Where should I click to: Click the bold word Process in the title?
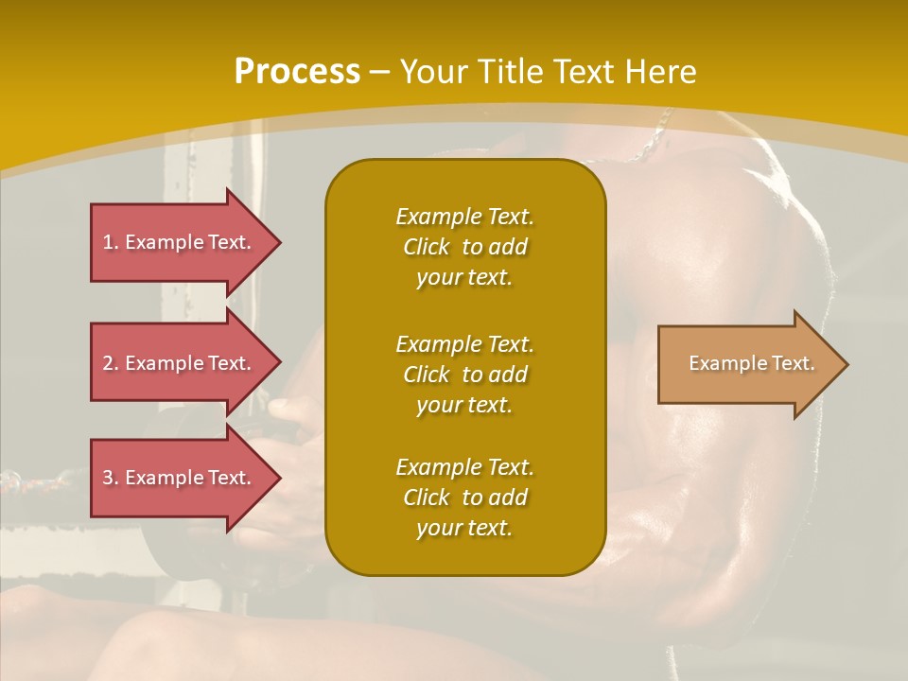(297, 71)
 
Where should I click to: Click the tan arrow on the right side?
(747, 364)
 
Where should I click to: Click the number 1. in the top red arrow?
(111, 242)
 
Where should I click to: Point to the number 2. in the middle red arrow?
(111, 363)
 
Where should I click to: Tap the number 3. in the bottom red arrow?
(111, 478)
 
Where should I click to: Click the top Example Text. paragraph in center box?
(464, 247)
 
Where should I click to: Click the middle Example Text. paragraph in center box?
(464, 375)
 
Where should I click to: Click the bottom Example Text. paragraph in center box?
(464, 498)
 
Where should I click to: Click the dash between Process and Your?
(379, 72)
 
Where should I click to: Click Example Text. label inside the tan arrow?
(751, 363)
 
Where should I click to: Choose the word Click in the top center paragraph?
(426, 247)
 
